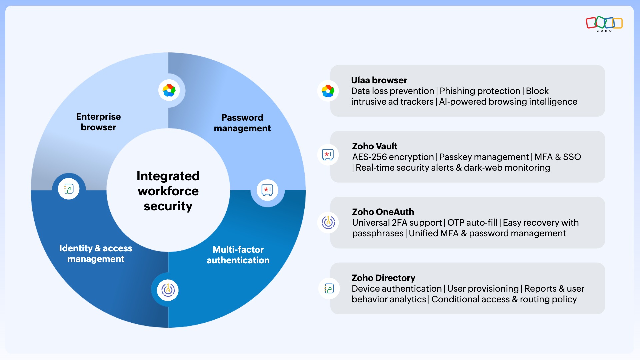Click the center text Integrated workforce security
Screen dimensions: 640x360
tap(168, 191)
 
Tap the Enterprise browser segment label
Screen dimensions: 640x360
tap(98, 122)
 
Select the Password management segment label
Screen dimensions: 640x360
tap(242, 123)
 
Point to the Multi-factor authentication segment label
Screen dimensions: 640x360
tap(238, 255)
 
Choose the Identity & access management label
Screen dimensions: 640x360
tap(96, 254)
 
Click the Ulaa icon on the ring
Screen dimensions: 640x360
tap(169, 90)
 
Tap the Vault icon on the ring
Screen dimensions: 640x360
tap(267, 190)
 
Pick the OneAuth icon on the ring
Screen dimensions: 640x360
tap(168, 290)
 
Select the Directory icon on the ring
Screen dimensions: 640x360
tap(69, 189)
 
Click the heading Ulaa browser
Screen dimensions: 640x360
tap(379, 80)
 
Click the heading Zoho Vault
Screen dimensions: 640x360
tap(375, 146)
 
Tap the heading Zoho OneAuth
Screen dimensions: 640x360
tap(383, 212)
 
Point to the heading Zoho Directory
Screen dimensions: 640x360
tap(383, 278)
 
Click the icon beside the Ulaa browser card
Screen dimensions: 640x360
tap(328, 91)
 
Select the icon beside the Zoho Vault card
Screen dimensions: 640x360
tap(328, 155)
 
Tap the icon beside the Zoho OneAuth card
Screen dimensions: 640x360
tap(328, 222)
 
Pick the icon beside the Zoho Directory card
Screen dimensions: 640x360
tap(329, 288)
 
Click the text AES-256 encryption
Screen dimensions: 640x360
tap(393, 157)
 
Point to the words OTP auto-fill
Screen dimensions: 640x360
tap(472, 223)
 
